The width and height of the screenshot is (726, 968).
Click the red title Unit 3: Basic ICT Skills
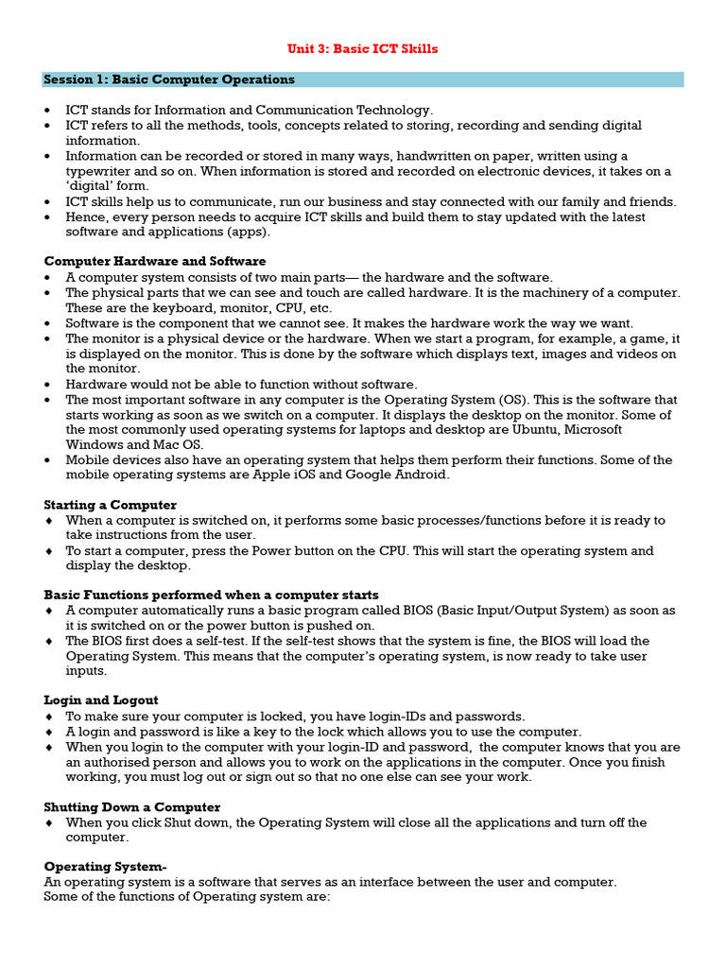pos(363,49)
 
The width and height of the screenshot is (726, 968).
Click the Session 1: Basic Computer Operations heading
pos(169,79)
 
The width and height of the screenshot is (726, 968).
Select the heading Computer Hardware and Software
pos(155,261)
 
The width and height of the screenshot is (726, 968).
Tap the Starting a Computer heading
pos(111,505)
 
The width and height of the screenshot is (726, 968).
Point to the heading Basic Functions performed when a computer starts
pos(212,596)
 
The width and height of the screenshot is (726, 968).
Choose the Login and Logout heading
pos(101,700)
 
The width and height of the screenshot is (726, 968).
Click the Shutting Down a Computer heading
pos(132,807)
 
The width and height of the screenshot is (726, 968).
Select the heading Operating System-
pos(106,867)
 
